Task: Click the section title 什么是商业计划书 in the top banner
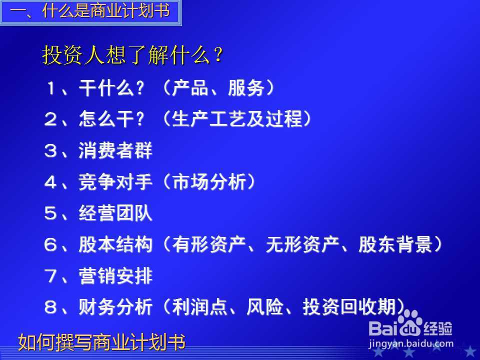pos(106,11)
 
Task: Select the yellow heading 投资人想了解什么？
pos(132,56)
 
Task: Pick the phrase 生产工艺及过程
pos(237,119)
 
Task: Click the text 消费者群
pos(115,151)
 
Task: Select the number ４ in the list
pos(51,182)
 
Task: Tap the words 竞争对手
pos(115,182)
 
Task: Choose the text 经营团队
pos(115,214)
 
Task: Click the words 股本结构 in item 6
pos(115,245)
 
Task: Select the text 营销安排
pos(115,276)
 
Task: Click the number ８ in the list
pos(51,307)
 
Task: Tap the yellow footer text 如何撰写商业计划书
pos(102,342)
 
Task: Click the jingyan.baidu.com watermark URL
pos(410,343)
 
